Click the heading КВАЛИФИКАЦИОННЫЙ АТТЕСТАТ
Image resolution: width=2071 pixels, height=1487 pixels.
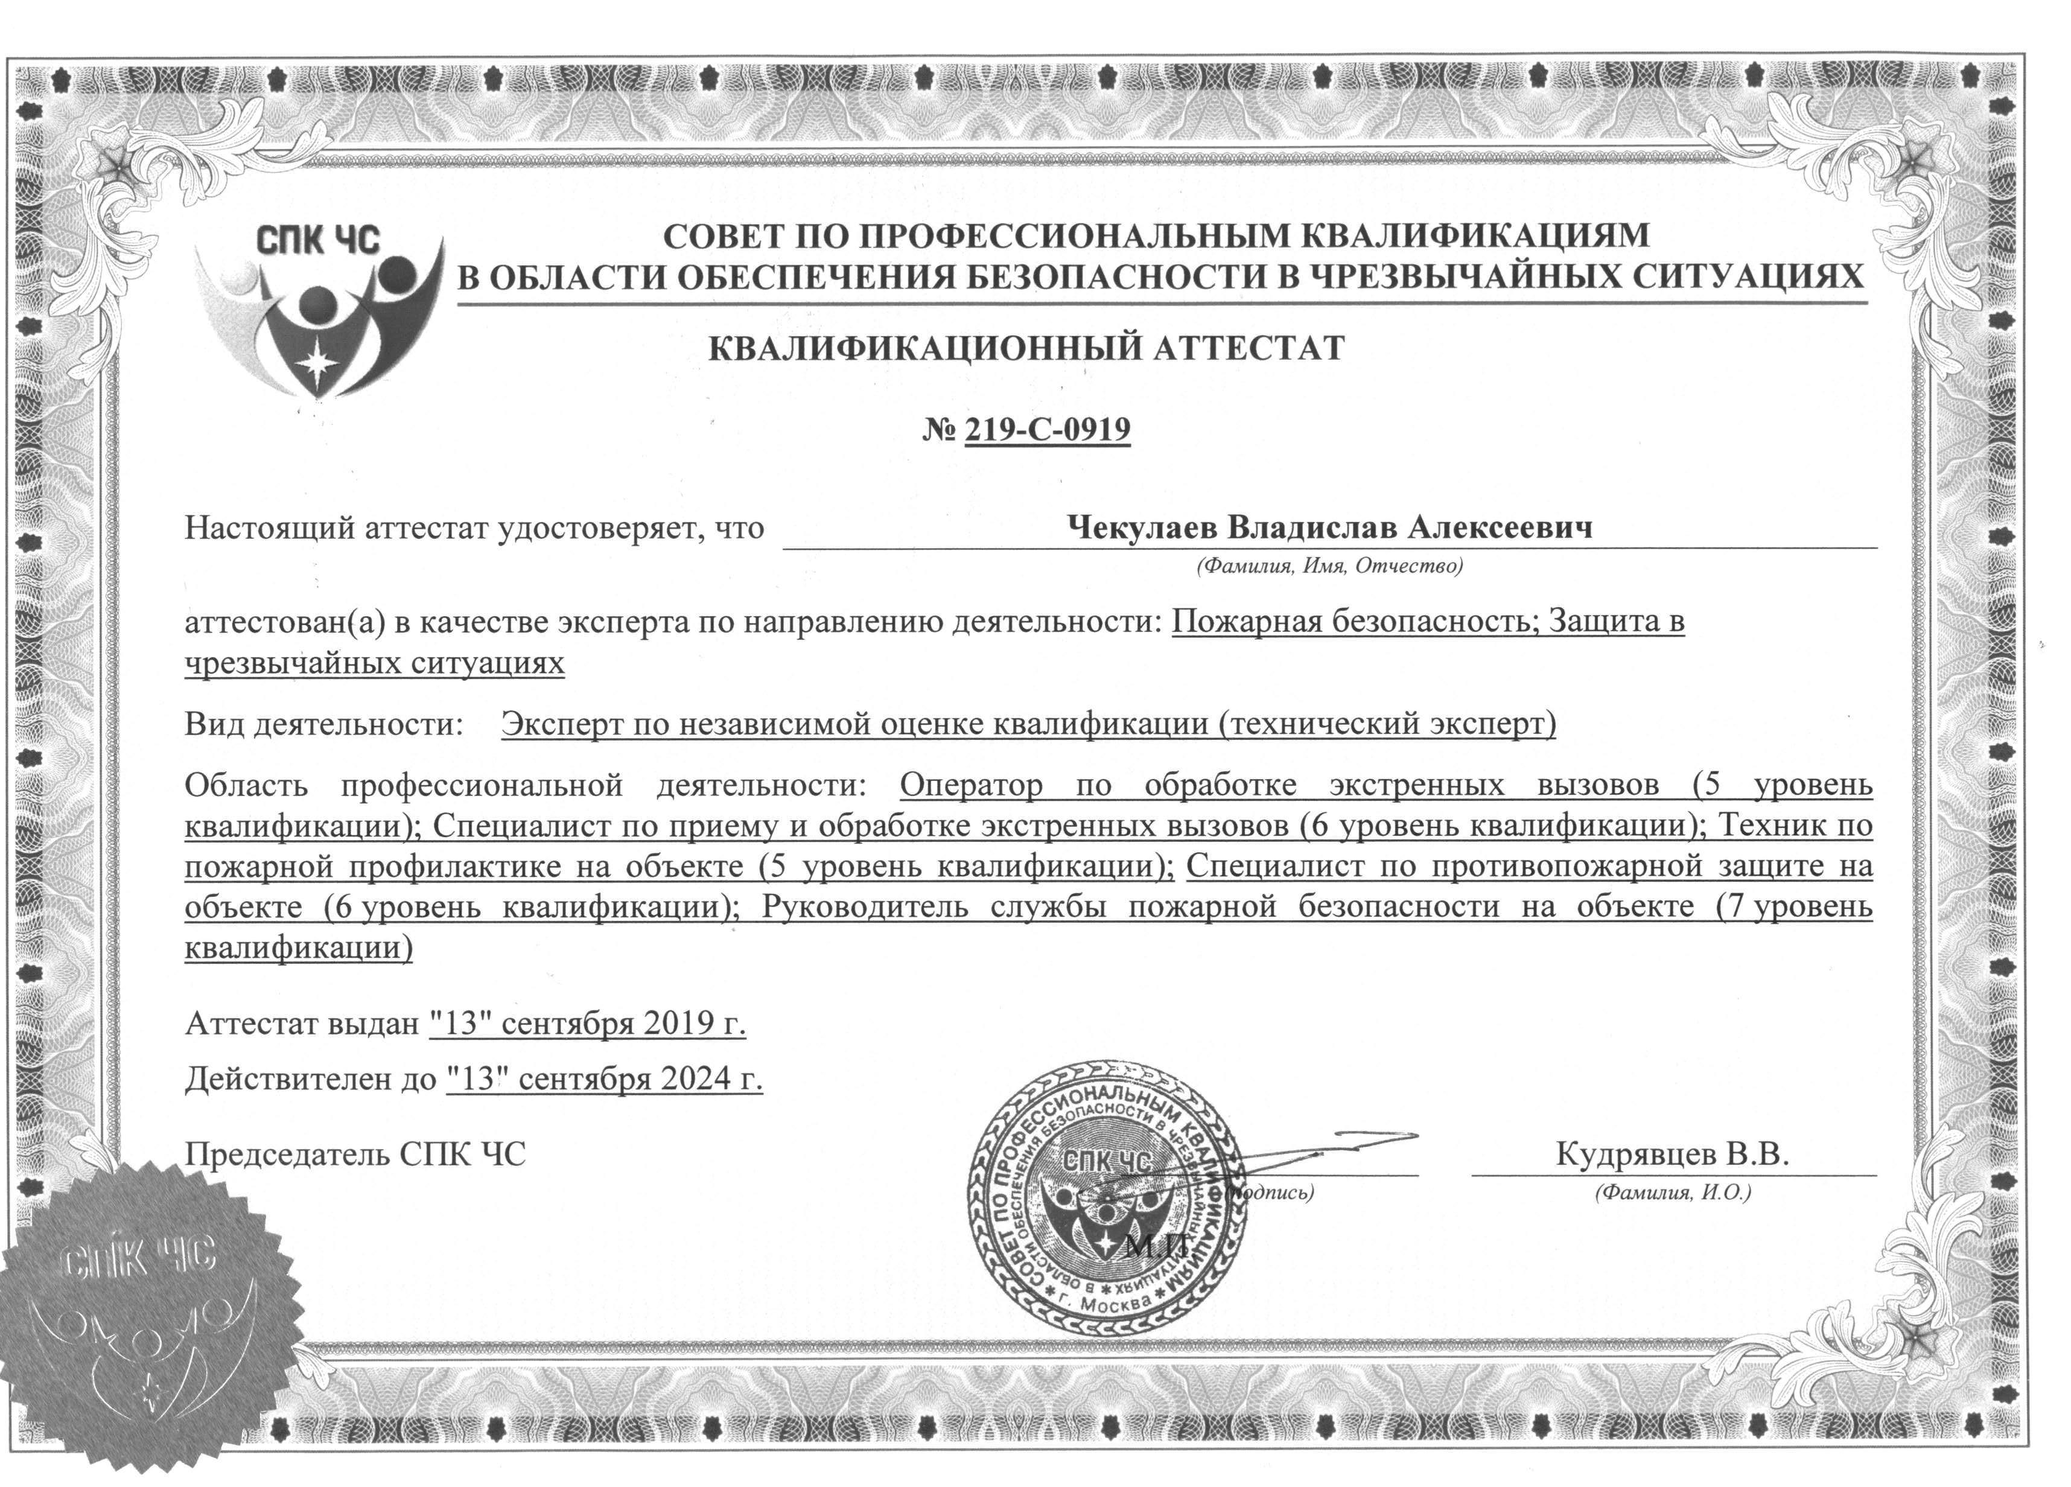pyautogui.click(x=1026, y=348)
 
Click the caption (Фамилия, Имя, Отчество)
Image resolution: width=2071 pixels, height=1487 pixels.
pyautogui.click(x=1329, y=566)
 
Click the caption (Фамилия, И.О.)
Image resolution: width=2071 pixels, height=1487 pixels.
pyautogui.click(x=1673, y=1193)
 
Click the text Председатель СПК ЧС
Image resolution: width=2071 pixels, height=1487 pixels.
pyautogui.click(x=355, y=1154)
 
